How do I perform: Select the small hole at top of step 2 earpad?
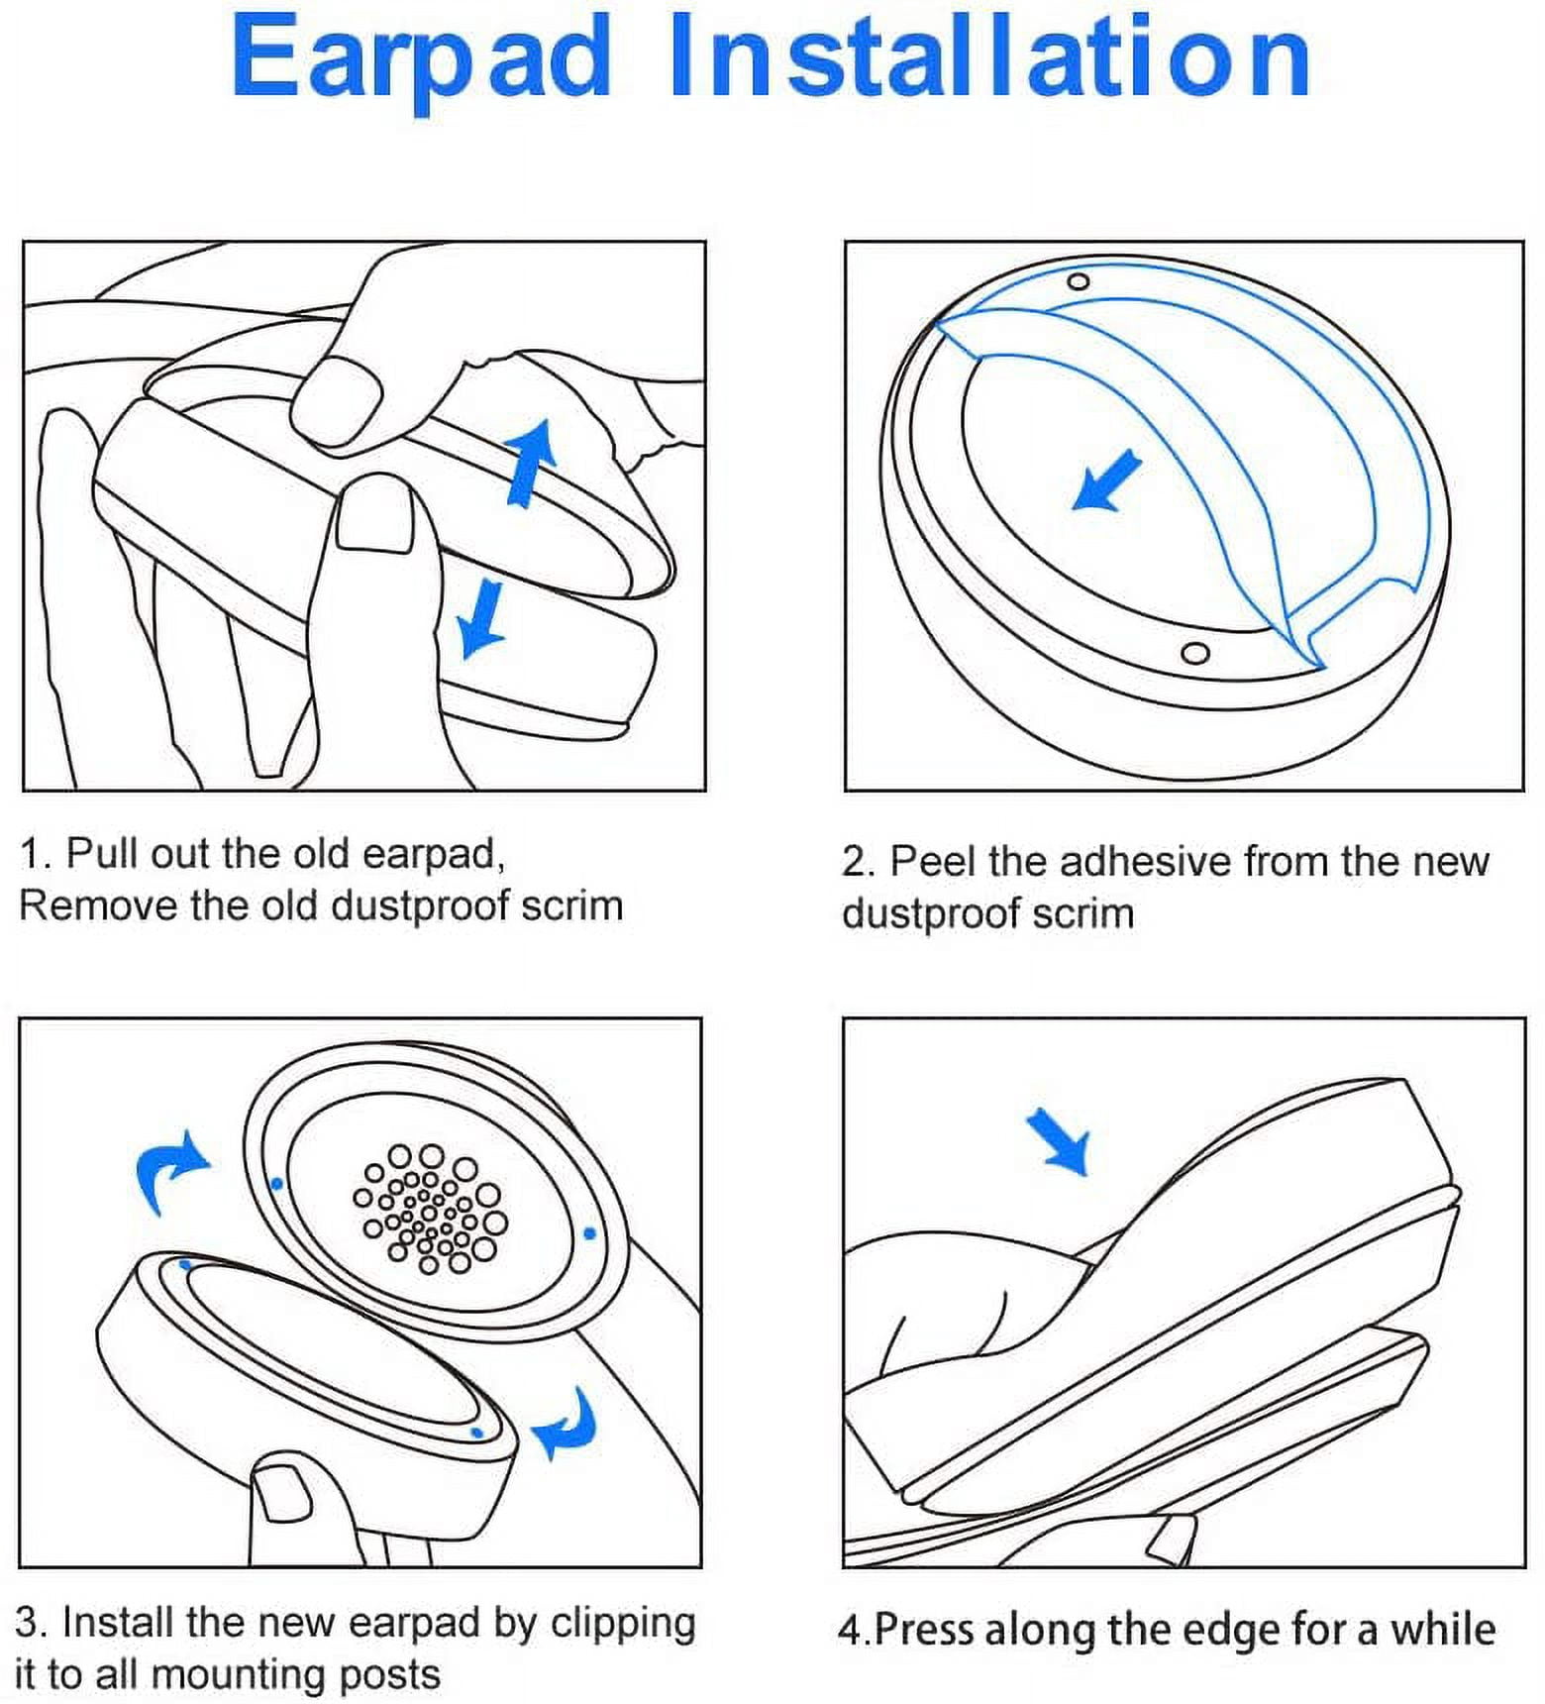(1079, 282)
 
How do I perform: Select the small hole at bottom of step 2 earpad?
(1195, 653)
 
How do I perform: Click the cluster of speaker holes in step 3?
(430, 1208)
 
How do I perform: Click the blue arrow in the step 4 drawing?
(1060, 1140)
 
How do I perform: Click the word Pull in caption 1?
(103, 853)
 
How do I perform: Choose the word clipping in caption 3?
(623, 1623)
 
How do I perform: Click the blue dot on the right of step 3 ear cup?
(589, 1233)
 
